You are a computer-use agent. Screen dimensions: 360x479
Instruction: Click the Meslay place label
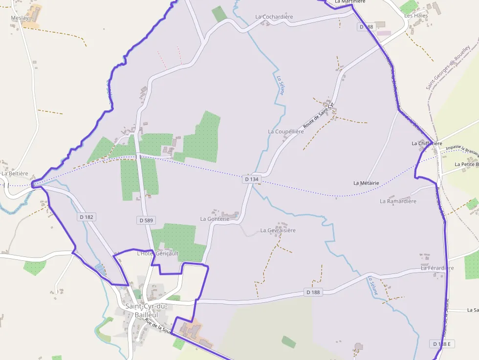click(20, 18)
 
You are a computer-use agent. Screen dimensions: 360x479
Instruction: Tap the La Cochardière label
click(274, 17)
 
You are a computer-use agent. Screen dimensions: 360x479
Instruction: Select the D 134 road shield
click(251, 179)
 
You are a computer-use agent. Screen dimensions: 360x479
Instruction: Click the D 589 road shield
click(146, 220)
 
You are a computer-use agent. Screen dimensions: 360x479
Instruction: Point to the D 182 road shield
click(86, 216)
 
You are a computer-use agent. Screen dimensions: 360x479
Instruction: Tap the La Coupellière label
click(286, 131)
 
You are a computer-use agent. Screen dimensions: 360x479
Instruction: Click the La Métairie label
click(366, 183)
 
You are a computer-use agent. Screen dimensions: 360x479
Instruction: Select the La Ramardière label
click(398, 201)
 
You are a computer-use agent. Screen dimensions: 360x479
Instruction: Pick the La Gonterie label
click(215, 219)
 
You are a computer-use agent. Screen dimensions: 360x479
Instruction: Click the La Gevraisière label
click(278, 230)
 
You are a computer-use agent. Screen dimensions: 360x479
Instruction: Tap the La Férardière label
click(437, 268)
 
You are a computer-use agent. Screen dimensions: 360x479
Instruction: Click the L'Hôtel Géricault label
click(157, 253)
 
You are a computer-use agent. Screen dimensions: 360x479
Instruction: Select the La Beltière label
click(15, 173)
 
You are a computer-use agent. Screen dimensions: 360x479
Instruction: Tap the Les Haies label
click(416, 16)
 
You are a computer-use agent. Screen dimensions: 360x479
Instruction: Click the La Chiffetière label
click(427, 143)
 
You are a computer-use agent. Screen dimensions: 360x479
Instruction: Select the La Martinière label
click(350, 2)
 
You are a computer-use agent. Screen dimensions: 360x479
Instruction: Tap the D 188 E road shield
click(443, 344)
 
